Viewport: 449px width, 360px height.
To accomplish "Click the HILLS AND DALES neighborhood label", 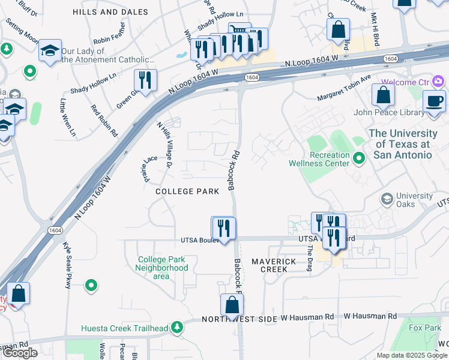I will (x=110, y=12).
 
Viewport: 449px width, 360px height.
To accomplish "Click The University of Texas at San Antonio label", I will (x=403, y=144).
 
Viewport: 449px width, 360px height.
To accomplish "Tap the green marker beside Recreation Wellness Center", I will (x=360, y=158).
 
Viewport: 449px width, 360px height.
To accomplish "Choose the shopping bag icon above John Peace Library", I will (x=383, y=95).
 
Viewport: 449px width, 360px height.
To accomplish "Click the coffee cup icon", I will (x=434, y=101).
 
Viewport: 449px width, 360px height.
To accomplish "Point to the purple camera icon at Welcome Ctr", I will (x=439, y=81).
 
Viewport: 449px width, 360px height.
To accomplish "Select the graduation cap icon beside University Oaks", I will (x=387, y=198).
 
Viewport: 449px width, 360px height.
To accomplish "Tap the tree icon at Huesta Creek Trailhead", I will (x=176, y=328).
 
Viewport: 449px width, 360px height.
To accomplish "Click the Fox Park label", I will (x=424, y=328).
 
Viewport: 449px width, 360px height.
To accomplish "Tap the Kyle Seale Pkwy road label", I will (x=67, y=266).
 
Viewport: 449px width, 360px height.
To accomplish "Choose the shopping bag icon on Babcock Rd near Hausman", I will (x=232, y=305).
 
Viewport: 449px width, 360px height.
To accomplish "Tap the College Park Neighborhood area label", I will (x=162, y=268).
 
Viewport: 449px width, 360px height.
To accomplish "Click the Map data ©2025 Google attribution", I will (x=412, y=355).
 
